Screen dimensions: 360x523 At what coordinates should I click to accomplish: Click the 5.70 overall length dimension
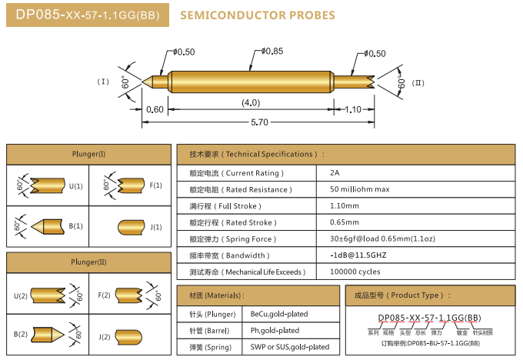click(x=260, y=122)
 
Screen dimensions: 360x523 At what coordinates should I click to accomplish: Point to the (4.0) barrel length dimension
click(x=251, y=102)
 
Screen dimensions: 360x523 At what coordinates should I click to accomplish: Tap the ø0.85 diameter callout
click(x=272, y=52)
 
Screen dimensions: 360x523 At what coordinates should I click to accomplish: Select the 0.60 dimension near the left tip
click(x=155, y=109)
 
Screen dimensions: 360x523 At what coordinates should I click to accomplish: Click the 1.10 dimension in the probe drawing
click(x=353, y=109)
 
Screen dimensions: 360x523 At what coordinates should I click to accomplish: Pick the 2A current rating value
click(x=335, y=173)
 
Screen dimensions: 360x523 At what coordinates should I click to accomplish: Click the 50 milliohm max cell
click(x=359, y=189)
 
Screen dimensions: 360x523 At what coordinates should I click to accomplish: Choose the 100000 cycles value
click(x=355, y=272)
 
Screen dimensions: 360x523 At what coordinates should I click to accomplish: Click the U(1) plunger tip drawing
click(x=49, y=185)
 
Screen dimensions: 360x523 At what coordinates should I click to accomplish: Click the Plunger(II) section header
click(x=89, y=262)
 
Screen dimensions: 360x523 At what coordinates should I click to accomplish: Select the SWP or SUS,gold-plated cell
click(x=288, y=347)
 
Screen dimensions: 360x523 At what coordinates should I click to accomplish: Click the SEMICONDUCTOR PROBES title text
click(x=257, y=15)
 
